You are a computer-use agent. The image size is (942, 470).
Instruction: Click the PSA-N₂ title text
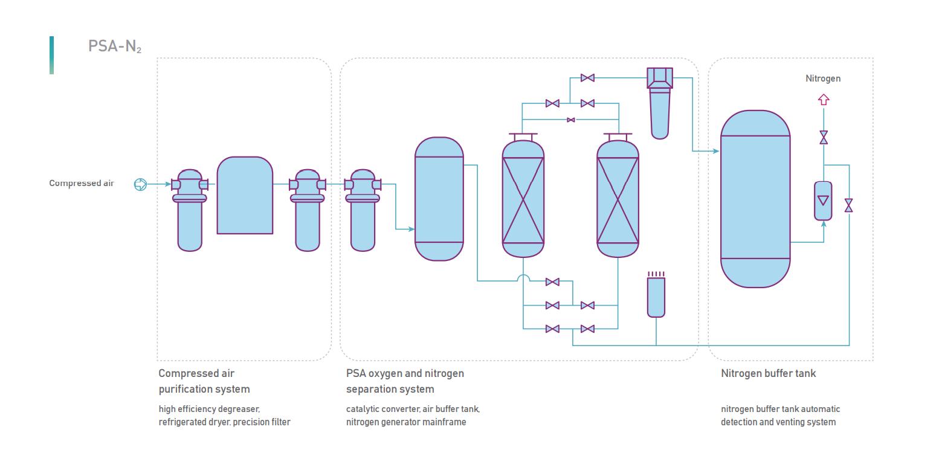114,47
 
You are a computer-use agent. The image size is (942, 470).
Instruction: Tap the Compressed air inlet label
82,183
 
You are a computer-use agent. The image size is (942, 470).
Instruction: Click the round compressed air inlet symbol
140,184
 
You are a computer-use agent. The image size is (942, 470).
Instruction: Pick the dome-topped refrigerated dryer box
245,196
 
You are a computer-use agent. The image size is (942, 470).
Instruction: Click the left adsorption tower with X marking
523,199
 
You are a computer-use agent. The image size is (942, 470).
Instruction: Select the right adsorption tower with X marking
618,199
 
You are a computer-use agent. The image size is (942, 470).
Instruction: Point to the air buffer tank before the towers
439,199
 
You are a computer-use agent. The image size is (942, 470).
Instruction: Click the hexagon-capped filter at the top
659,103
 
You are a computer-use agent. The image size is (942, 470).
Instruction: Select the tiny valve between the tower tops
571,120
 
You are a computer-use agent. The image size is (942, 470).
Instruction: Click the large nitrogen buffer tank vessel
755,199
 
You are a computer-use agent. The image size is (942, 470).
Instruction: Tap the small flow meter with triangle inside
823,201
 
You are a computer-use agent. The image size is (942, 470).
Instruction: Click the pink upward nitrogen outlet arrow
823,100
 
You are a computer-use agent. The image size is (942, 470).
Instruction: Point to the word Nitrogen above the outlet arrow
823,79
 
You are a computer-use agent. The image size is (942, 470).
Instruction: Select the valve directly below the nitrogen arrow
823,138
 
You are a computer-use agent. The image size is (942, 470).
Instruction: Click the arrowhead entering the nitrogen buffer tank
716,151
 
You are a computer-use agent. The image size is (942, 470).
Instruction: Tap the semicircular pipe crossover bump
523,278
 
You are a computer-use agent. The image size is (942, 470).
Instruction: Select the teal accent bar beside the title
51,55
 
